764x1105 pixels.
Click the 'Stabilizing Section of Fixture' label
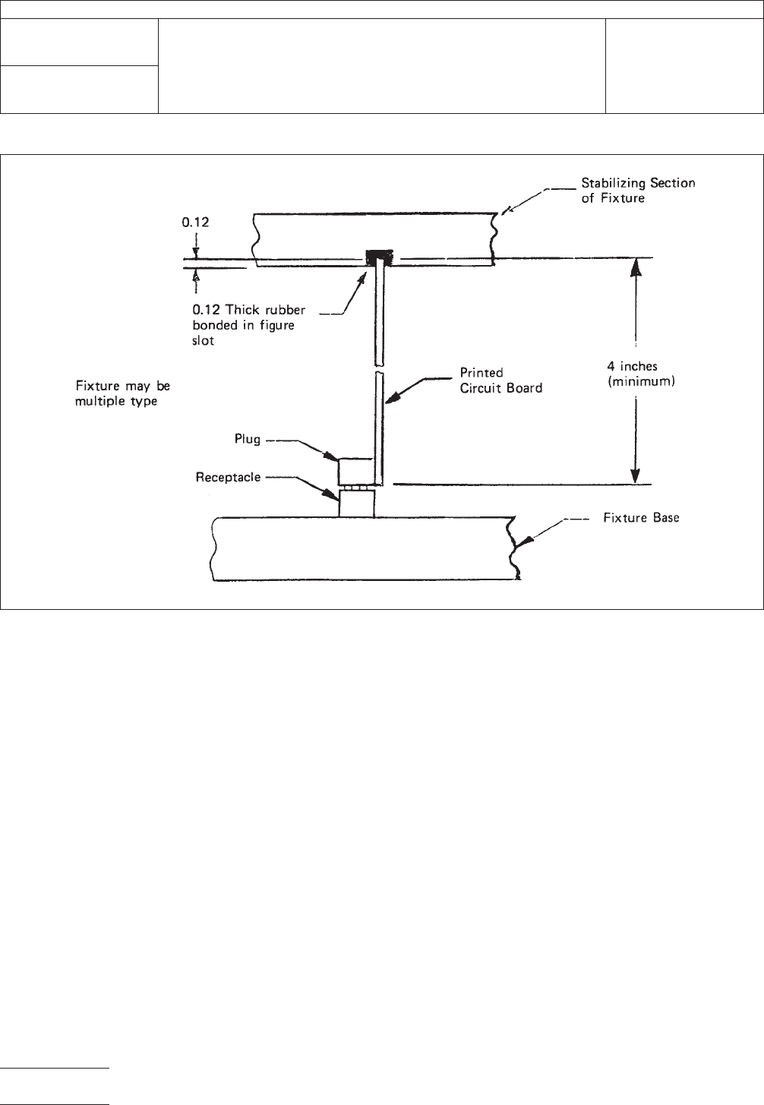click(x=638, y=190)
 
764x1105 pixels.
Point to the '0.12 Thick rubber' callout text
click(x=247, y=311)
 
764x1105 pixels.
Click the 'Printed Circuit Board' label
click(x=501, y=380)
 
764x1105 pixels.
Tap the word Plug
click(x=247, y=439)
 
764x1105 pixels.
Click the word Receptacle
click(x=228, y=478)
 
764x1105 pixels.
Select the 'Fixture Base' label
click(x=641, y=519)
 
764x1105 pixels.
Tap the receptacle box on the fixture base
click(x=356, y=504)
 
